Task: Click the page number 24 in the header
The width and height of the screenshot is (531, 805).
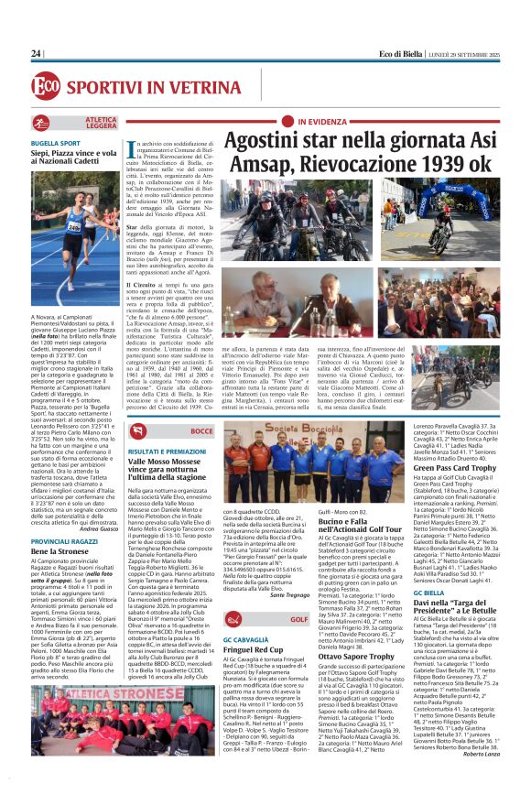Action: click(x=37, y=54)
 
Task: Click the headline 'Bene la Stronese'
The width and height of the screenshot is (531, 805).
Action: click(x=64, y=551)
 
